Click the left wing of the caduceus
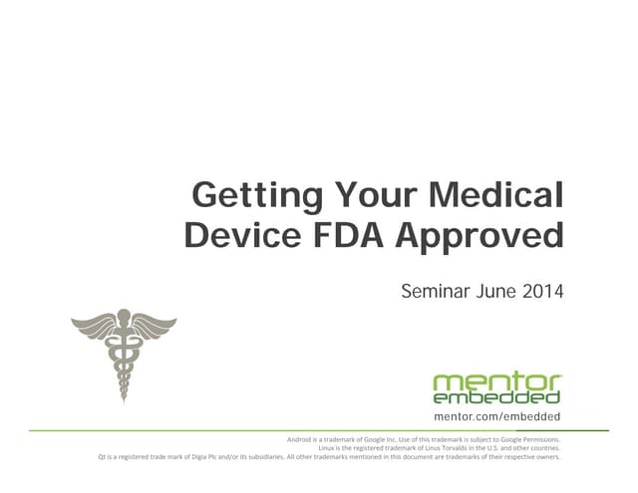tap(94, 325)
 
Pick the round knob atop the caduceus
tap(124, 317)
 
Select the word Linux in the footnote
tap(329, 448)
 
